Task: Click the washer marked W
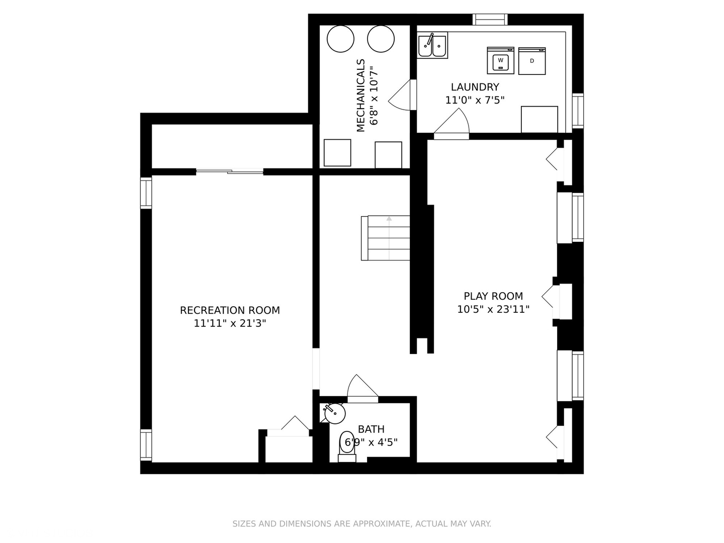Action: point(500,60)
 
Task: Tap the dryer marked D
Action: point(532,61)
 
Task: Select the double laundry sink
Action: point(432,45)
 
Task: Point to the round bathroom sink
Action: point(335,413)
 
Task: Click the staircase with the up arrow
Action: point(386,238)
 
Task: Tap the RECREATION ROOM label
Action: point(230,310)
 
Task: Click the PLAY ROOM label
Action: point(493,296)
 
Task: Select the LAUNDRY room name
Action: point(475,87)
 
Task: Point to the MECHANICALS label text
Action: point(361,96)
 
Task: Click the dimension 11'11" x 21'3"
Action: point(230,323)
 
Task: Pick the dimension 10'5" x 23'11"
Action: point(493,309)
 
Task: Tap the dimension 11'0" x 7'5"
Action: point(475,100)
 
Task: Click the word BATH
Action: point(371,429)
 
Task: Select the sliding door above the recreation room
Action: point(230,171)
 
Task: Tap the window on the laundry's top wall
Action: point(490,20)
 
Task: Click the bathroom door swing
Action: point(363,389)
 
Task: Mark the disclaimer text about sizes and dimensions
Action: point(362,523)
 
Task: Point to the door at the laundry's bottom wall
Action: point(451,124)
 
